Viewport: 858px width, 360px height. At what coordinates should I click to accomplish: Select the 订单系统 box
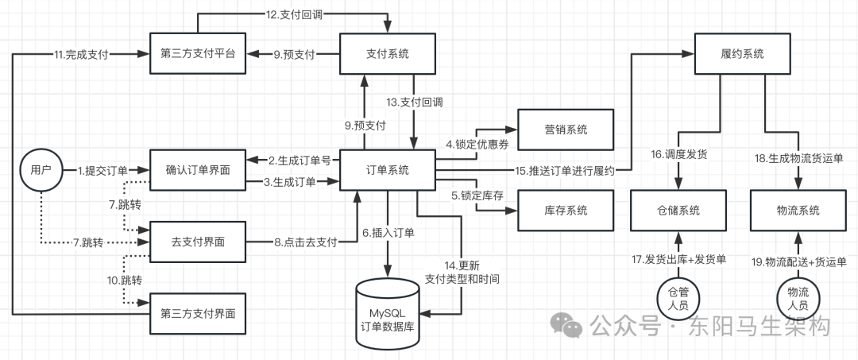387,169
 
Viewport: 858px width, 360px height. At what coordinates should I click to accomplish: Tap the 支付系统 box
387,54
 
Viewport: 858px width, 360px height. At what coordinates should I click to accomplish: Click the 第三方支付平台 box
198,54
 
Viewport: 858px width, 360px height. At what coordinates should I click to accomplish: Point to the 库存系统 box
555,211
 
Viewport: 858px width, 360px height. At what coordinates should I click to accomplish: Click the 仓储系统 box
678,211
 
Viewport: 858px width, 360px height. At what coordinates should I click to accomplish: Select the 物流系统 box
797,211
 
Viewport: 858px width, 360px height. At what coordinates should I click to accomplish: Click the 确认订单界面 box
198,169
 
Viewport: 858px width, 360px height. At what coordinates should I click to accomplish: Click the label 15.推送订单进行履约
564,170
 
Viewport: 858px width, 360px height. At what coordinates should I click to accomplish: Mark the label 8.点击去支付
306,241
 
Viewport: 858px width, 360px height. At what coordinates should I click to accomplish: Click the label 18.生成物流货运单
797,158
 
